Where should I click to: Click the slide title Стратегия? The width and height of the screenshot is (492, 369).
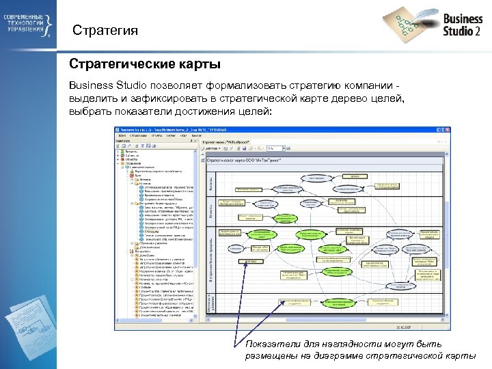coord(105,31)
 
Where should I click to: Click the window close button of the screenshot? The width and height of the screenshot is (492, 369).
coord(443,128)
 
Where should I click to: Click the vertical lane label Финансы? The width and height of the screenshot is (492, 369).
coord(210,183)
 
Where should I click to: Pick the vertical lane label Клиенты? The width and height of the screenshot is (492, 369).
coord(210,213)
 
